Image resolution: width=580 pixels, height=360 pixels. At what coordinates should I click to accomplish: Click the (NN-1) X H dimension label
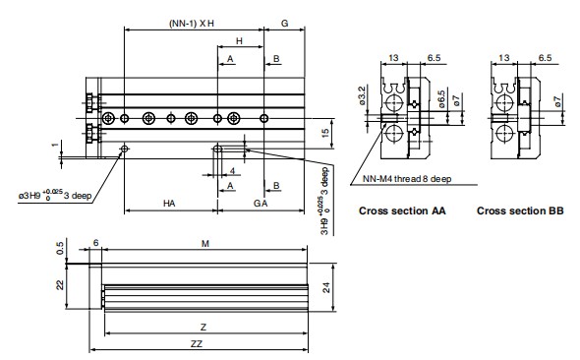(192, 24)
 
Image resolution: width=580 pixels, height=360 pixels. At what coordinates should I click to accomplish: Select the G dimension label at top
(284, 24)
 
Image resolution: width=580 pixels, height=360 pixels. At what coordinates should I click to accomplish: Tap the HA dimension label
(169, 204)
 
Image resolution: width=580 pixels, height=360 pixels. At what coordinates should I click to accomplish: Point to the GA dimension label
(261, 204)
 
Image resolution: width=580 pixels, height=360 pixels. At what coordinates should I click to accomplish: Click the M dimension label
(204, 244)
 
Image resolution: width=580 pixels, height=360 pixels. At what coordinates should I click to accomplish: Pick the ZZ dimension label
(197, 343)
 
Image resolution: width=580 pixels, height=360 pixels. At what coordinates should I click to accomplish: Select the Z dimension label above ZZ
(203, 328)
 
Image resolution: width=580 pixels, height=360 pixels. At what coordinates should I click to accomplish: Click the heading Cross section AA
(402, 210)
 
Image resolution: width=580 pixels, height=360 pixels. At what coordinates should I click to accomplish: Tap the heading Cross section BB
(520, 210)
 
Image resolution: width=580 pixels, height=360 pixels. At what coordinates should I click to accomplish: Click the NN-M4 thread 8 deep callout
(407, 179)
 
